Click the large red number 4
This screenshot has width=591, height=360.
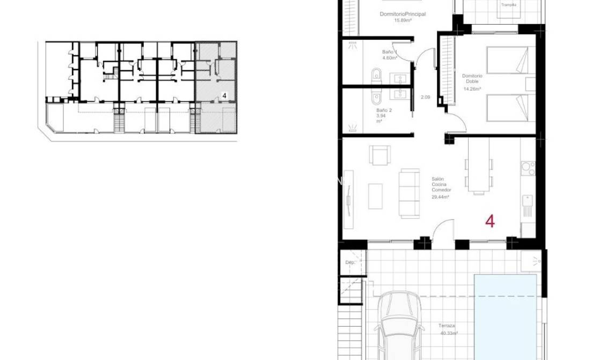click(x=490, y=221)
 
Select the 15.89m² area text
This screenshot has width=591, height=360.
click(x=402, y=20)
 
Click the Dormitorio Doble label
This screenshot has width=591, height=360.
click(x=472, y=79)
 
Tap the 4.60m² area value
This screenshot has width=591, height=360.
click(x=389, y=58)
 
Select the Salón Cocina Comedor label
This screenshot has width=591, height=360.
click(x=441, y=185)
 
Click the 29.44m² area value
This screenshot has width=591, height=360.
click(x=440, y=197)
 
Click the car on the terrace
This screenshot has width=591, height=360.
click(x=398, y=325)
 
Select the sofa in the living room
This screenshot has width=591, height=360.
click(x=411, y=192)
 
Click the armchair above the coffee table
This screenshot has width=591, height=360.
click(x=380, y=156)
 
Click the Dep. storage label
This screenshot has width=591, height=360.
click(x=351, y=263)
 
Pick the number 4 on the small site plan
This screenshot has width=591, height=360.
click(x=224, y=95)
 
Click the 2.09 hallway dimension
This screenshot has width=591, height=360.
click(x=426, y=97)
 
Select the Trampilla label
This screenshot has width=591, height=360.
click(x=508, y=5)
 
